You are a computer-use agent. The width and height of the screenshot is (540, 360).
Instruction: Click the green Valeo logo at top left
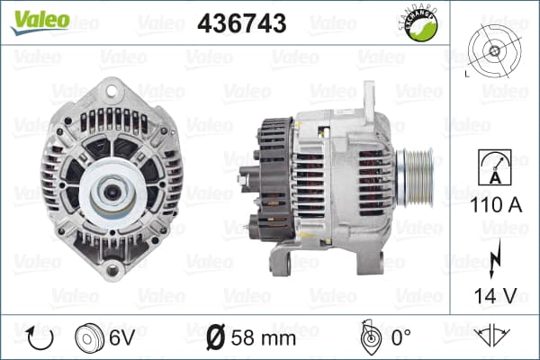40,22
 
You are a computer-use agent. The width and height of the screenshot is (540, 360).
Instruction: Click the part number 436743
242,23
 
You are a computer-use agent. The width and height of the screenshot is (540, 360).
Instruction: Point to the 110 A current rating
495,205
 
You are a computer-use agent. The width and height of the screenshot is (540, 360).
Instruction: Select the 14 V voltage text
495,295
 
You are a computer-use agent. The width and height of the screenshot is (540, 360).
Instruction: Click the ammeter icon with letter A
495,167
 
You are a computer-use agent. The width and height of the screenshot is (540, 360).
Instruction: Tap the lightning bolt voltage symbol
494,258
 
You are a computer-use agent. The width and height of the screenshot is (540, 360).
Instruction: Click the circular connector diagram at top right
494,51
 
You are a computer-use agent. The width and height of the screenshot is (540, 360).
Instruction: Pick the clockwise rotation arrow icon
40,337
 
